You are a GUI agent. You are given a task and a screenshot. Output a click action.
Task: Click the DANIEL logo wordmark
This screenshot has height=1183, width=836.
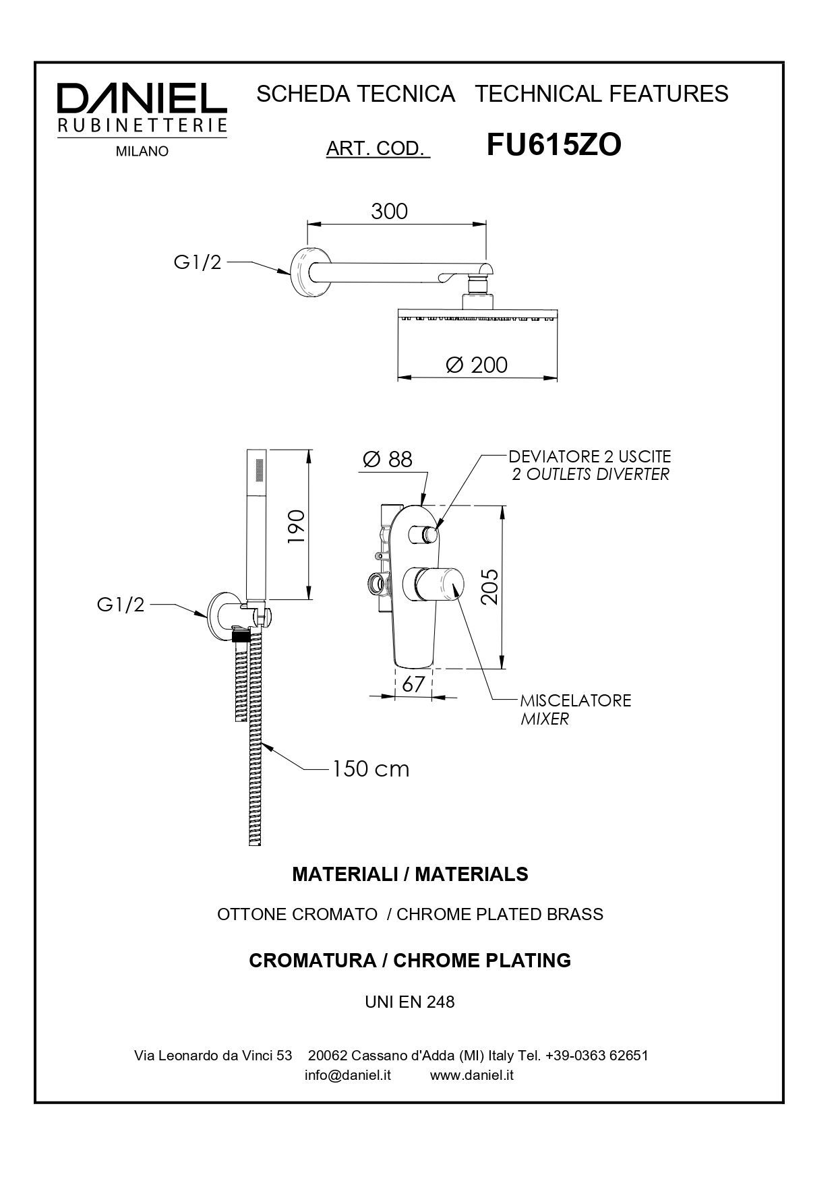[x=142, y=98]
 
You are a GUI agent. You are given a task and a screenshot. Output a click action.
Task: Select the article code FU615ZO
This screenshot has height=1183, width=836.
[x=554, y=145]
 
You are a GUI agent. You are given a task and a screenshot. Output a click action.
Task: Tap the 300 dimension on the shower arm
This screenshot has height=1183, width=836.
[x=390, y=211]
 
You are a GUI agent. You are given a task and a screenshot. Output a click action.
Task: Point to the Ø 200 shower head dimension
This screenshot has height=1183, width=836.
[x=477, y=365]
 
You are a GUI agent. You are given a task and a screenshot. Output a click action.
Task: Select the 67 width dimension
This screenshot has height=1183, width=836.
[x=413, y=684]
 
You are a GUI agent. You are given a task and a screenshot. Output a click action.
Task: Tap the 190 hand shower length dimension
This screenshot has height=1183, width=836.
[x=297, y=526]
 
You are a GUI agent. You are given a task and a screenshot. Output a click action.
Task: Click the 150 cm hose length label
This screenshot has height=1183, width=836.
[x=370, y=769]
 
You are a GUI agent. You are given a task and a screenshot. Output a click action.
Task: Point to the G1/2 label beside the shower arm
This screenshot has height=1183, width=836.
[x=198, y=262]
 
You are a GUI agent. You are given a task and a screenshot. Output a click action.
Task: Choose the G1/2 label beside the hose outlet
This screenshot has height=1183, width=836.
[x=121, y=605]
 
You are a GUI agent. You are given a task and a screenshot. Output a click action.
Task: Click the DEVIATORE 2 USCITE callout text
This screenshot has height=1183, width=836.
[x=590, y=457]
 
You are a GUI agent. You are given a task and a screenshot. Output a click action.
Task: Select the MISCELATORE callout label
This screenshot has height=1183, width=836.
[x=575, y=700]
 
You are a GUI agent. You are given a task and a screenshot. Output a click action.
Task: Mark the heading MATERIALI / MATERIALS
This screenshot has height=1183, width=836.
[x=410, y=874]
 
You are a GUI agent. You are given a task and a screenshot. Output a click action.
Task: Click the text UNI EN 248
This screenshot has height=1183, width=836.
[x=410, y=1002]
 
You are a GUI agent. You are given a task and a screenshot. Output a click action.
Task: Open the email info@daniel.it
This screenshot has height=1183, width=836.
[x=348, y=1075]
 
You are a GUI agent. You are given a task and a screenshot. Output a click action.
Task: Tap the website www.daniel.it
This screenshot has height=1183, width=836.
[x=472, y=1075]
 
